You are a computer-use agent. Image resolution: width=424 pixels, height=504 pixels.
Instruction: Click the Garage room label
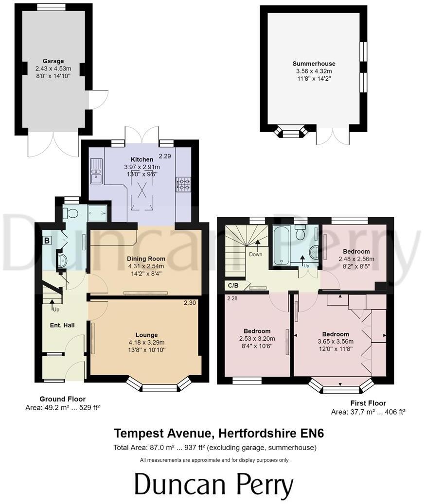point(53,61)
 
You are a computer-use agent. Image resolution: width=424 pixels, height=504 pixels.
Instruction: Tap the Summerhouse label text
point(314,64)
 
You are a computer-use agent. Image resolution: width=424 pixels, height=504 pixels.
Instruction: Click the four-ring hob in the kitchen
point(184,184)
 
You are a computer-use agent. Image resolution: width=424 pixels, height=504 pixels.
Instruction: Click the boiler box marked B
point(47,240)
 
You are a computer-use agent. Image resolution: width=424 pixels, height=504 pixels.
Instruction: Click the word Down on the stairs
point(256,254)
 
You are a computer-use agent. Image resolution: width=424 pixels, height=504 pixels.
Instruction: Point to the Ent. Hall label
point(62,325)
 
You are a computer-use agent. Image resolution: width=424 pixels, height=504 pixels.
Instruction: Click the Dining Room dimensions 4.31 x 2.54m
point(146,266)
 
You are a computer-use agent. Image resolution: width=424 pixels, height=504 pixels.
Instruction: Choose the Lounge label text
point(146,335)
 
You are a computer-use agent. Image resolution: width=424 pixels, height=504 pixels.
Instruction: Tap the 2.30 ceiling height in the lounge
point(190,303)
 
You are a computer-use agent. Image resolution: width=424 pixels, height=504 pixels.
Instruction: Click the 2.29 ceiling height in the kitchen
point(165,156)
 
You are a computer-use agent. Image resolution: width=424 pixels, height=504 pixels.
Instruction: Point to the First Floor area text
point(368,412)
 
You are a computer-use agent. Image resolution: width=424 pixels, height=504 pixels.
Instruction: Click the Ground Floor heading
point(63,399)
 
